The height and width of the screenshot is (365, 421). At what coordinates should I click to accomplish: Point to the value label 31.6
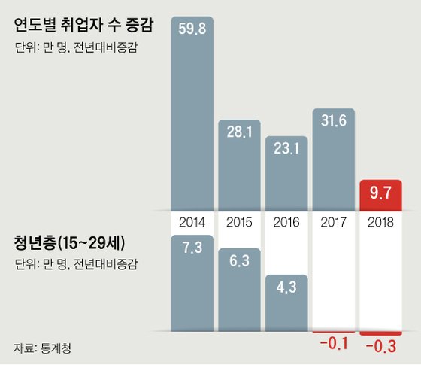click(x=335, y=122)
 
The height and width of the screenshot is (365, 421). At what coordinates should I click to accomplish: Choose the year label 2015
click(x=240, y=223)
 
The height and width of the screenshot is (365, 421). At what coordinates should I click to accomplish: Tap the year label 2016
click(x=287, y=223)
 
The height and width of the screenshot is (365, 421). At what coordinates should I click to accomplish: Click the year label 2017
click(x=335, y=223)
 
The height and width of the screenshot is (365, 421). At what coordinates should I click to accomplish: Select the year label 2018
click(x=381, y=223)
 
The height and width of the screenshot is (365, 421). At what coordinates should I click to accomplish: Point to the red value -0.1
click(x=334, y=346)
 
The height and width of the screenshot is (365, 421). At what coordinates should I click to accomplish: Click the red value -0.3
click(x=381, y=346)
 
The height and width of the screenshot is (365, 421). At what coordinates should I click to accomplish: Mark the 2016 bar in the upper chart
click(x=287, y=181)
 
